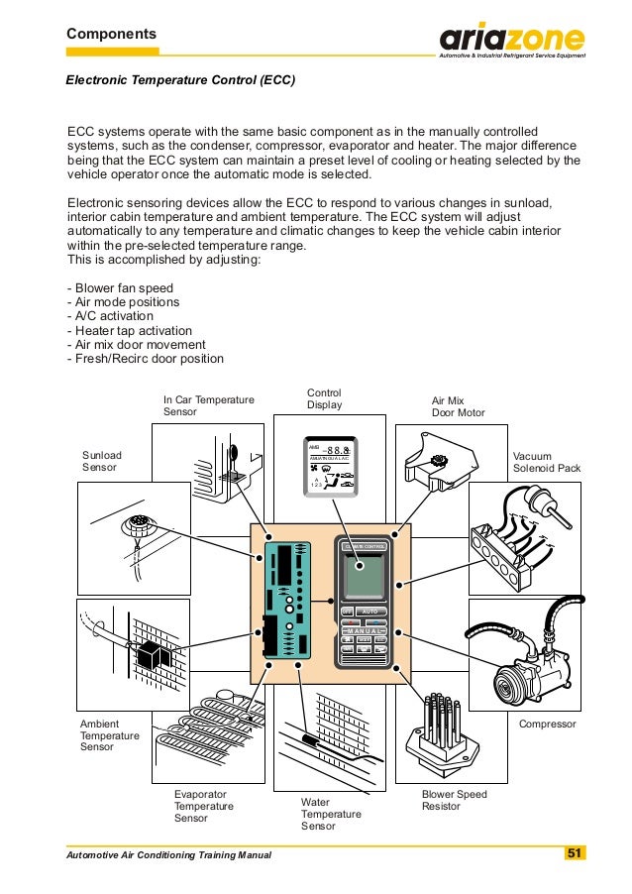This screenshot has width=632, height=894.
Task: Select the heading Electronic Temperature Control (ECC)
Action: (180, 78)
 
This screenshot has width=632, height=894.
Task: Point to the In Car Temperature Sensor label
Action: (209, 405)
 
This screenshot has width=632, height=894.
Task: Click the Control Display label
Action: (325, 398)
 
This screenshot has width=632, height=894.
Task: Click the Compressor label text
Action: (547, 725)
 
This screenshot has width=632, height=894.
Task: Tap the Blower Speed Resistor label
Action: (455, 800)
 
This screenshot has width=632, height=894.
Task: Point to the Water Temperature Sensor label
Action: (331, 814)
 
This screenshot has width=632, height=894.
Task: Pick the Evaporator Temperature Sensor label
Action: (204, 807)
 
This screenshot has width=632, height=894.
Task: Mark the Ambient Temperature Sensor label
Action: (110, 735)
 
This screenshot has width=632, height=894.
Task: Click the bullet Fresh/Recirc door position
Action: (145, 358)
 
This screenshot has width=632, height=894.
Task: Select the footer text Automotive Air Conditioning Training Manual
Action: (168, 854)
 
